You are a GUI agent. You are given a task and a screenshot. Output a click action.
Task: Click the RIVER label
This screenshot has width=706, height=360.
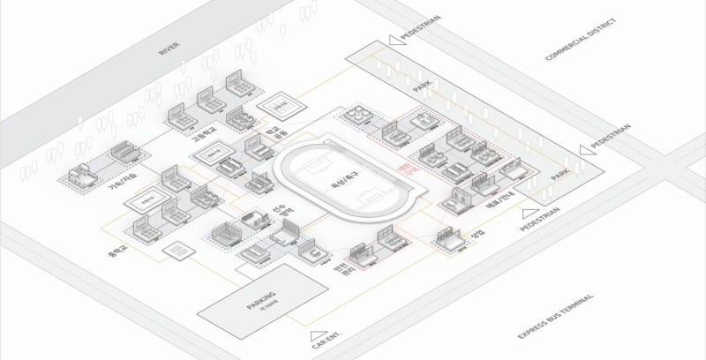tap(169, 48)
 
